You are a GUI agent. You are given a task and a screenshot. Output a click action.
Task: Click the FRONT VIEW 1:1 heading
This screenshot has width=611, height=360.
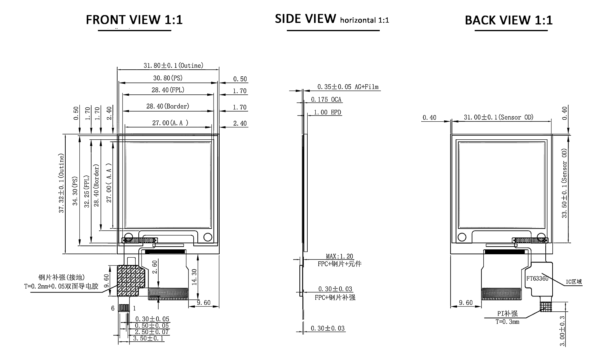(x=134, y=20)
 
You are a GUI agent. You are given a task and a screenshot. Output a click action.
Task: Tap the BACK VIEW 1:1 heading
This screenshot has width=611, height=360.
(x=509, y=20)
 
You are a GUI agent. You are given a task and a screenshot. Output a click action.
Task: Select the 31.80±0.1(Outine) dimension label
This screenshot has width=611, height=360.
(x=174, y=65)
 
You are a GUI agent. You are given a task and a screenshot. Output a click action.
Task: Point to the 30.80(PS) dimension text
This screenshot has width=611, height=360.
(x=168, y=78)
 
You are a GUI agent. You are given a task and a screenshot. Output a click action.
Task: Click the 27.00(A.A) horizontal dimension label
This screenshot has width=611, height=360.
(x=170, y=123)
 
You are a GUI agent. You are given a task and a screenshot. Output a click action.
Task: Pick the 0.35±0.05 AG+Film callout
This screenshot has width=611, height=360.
(x=348, y=87)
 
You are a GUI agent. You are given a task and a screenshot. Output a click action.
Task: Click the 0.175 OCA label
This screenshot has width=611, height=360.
(x=326, y=100)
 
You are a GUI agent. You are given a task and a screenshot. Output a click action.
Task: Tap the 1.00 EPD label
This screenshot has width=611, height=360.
(x=327, y=112)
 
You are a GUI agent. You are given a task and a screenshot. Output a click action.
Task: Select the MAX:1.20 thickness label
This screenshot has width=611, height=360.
(x=339, y=256)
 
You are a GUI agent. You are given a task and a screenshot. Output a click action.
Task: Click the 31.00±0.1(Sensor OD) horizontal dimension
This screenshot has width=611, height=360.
(x=499, y=117)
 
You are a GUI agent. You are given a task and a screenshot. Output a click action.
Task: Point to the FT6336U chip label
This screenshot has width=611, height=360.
(x=537, y=278)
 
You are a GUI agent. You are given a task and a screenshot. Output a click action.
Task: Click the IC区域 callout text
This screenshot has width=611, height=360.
(x=574, y=281)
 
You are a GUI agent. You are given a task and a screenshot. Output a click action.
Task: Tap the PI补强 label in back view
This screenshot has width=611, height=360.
(x=507, y=314)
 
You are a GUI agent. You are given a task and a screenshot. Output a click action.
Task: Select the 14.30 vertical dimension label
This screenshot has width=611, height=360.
(x=194, y=277)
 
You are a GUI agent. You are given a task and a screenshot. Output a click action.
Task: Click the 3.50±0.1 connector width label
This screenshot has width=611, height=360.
(x=148, y=338)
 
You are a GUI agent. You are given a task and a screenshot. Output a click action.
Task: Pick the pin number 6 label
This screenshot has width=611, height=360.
(x=113, y=308)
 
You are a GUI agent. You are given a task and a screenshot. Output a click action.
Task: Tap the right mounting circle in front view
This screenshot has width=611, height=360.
(x=208, y=237)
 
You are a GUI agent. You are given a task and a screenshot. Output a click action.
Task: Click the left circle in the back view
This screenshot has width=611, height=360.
(x=462, y=237)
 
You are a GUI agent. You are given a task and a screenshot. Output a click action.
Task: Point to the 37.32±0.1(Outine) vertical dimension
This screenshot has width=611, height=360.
(x=62, y=183)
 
